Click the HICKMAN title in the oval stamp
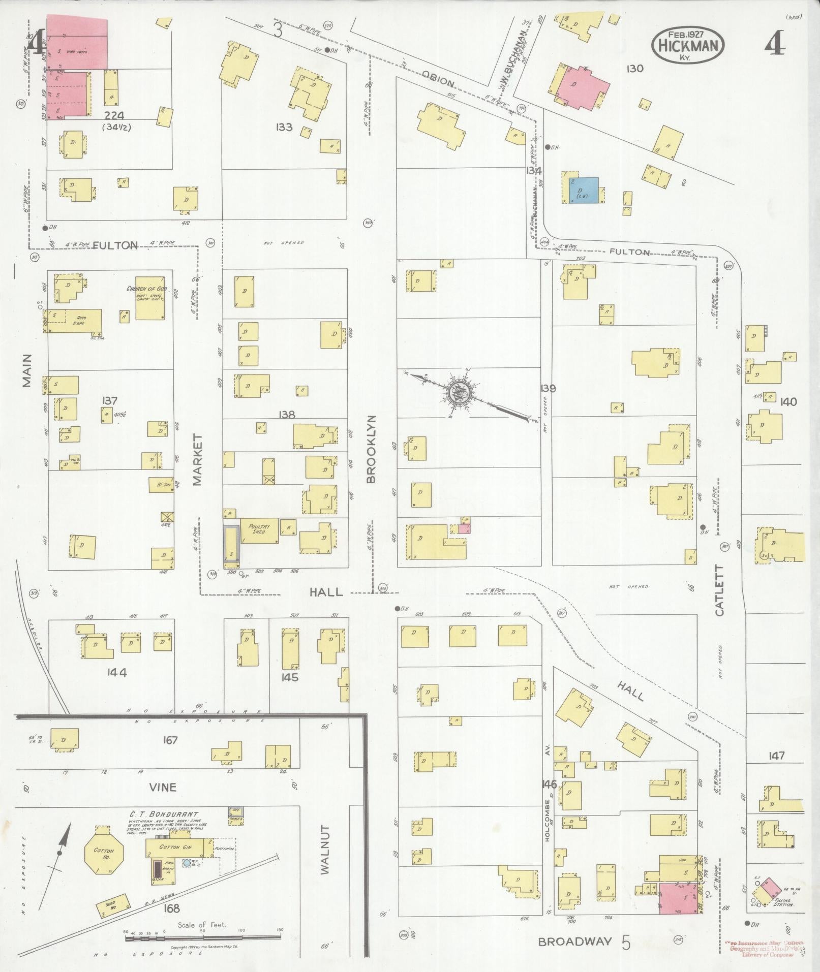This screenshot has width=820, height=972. (x=689, y=46)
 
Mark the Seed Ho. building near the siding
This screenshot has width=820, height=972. (x=112, y=907)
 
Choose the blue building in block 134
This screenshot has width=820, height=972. (x=582, y=190)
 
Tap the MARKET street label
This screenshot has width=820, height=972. (x=197, y=459)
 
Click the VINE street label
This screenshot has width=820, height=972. (x=163, y=801)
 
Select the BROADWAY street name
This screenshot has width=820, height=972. (x=574, y=942)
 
